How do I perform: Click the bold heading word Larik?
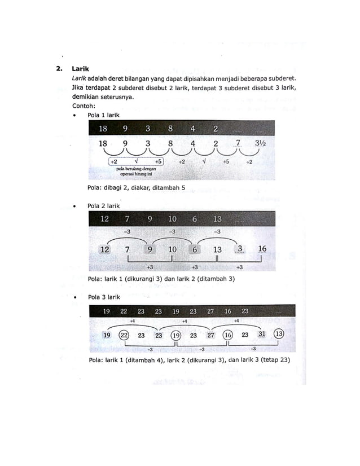click(x=81, y=69)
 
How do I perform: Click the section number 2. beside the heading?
click(x=58, y=69)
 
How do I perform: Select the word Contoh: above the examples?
click(x=84, y=105)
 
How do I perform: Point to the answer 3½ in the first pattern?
click(x=260, y=143)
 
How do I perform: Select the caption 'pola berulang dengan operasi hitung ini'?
click(x=135, y=170)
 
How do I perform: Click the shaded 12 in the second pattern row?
click(x=104, y=249)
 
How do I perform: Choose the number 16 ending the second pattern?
click(x=262, y=249)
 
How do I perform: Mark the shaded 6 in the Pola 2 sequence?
click(x=194, y=249)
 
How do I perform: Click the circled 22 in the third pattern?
click(x=124, y=335)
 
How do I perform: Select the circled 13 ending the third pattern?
click(x=279, y=334)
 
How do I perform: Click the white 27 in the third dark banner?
click(x=210, y=311)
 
